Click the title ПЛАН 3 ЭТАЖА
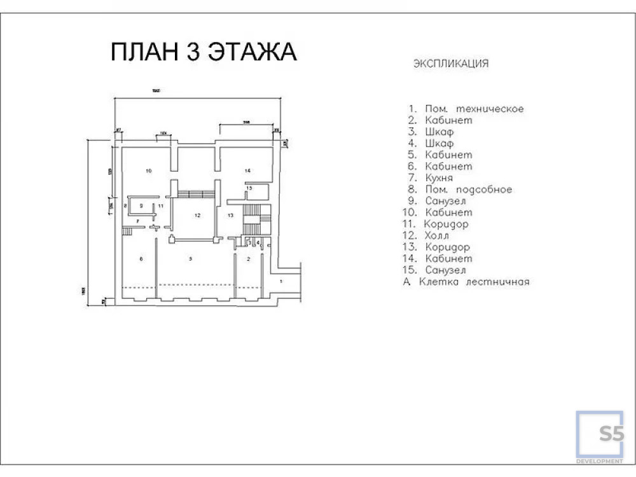click(x=204, y=52)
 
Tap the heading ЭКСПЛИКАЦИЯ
click(x=451, y=64)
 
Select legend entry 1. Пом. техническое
click(x=466, y=109)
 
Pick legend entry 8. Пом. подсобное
click(x=460, y=190)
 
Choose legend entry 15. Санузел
click(x=438, y=270)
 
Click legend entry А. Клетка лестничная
click(x=466, y=282)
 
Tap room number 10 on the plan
click(x=148, y=171)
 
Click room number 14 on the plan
click(x=247, y=170)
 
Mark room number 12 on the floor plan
click(x=197, y=216)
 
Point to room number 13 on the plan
click(x=230, y=216)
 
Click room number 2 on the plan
click(x=249, y=258)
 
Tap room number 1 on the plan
click(x=280, y=280)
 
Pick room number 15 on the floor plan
click(x=249, y=188)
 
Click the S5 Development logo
click(x=600, y=436)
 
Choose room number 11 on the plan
click(x=161, y=206)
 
